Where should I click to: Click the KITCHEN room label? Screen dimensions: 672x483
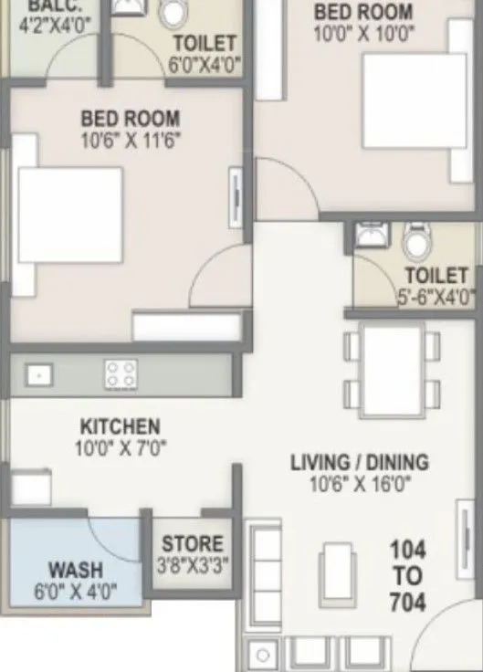[x=120, y=426]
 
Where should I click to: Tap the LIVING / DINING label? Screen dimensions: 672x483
[x=359, y=463]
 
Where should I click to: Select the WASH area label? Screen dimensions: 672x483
[x=75, y=570]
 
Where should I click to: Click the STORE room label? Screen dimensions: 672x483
[x=192, y=545]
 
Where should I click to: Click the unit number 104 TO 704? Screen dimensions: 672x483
[x=407, y=575]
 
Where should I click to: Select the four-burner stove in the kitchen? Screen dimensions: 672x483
[x=121, y=373]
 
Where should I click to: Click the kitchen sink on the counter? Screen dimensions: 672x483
[x=38, y=373]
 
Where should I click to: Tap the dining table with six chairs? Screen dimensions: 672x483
[x=392, y=370]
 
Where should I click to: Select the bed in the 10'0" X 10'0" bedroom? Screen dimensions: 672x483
[x=416, y=98]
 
